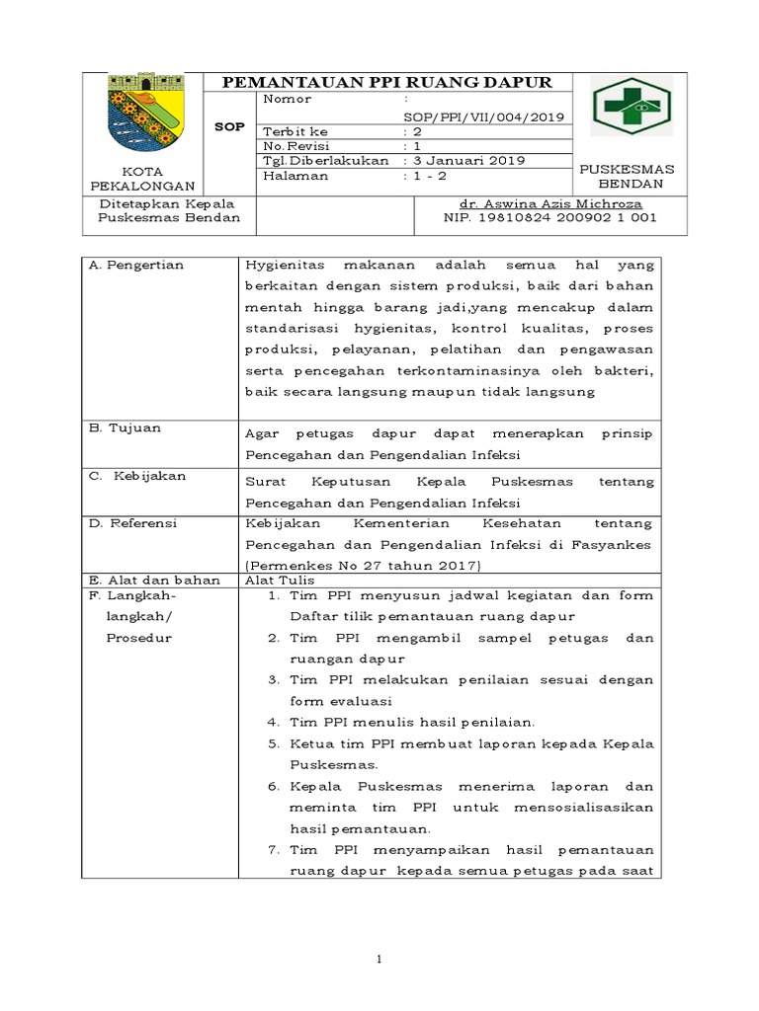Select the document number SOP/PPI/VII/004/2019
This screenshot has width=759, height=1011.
484,116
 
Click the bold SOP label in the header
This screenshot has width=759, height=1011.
229,128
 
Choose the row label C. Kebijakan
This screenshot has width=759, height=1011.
137,475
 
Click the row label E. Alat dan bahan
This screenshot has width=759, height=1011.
154,581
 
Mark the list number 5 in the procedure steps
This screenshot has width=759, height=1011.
274,743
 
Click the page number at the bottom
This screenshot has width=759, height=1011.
379,959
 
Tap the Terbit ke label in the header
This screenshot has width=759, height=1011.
295,130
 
